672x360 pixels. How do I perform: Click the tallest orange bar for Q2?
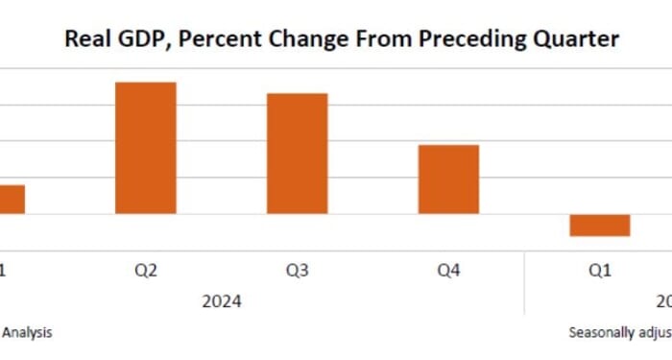click(146, 148)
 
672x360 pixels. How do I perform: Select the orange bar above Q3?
click(297, 154)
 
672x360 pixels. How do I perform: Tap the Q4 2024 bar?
click(447, 180)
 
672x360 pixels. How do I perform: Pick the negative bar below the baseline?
click(599, 225)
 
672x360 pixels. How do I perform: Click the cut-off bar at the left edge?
click(12, 200)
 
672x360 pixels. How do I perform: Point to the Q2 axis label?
click(146, 271)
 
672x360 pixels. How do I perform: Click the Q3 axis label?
click(297, 271)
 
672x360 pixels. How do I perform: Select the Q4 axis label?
click(448, 271)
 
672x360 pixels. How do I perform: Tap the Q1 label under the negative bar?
click(599, 271)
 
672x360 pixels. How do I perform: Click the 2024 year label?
click(222, 301)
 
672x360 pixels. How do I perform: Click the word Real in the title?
click(84, 39)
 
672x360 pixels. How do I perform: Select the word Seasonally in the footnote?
click(600, 333)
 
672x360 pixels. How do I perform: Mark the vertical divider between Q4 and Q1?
click(524, 283)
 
